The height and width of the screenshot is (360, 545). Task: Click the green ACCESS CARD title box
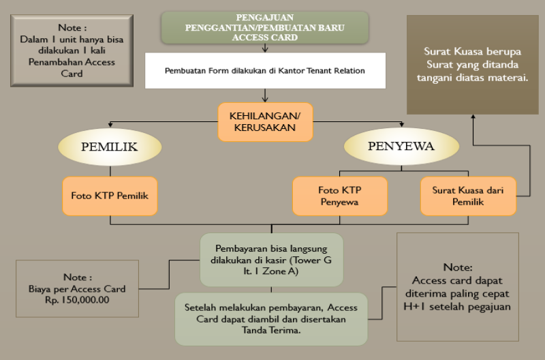(265, 27)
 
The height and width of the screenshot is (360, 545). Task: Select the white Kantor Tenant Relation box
(265, 71)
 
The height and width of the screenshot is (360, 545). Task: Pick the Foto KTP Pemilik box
(110, 196)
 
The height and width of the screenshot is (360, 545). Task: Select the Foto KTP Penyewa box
(340, 196)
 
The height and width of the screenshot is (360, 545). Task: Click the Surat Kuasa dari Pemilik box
(467, 196)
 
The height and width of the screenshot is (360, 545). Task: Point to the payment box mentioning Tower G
(271, 259)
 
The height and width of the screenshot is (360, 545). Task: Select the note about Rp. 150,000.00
(76, 288)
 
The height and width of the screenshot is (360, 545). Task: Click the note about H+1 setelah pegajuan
(457, 287)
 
